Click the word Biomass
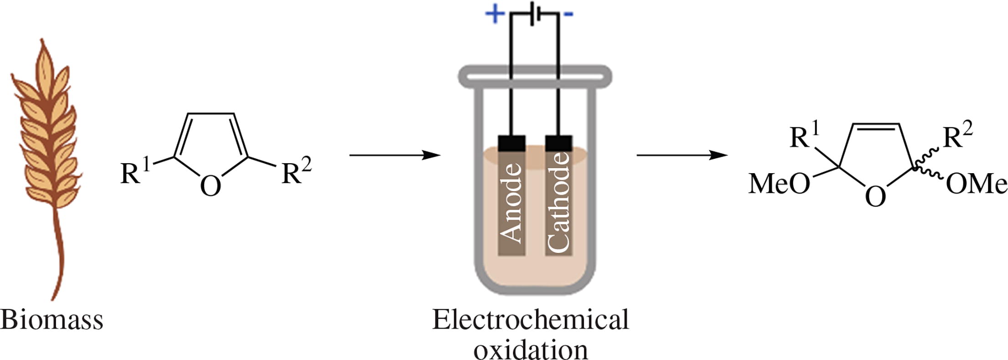pos(51,320)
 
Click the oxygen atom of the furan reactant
pos(210,186)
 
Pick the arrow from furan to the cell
pos(394,155)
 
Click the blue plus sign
pos(495,14)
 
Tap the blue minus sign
pos(568,15)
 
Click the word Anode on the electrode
pos(511,202)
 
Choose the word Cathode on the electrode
pos(558,202)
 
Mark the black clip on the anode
pos(512,143)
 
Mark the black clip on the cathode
pos(558,143)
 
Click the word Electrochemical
pos(530,320)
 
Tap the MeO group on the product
pos(779,184)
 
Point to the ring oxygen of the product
pos(875,196)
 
